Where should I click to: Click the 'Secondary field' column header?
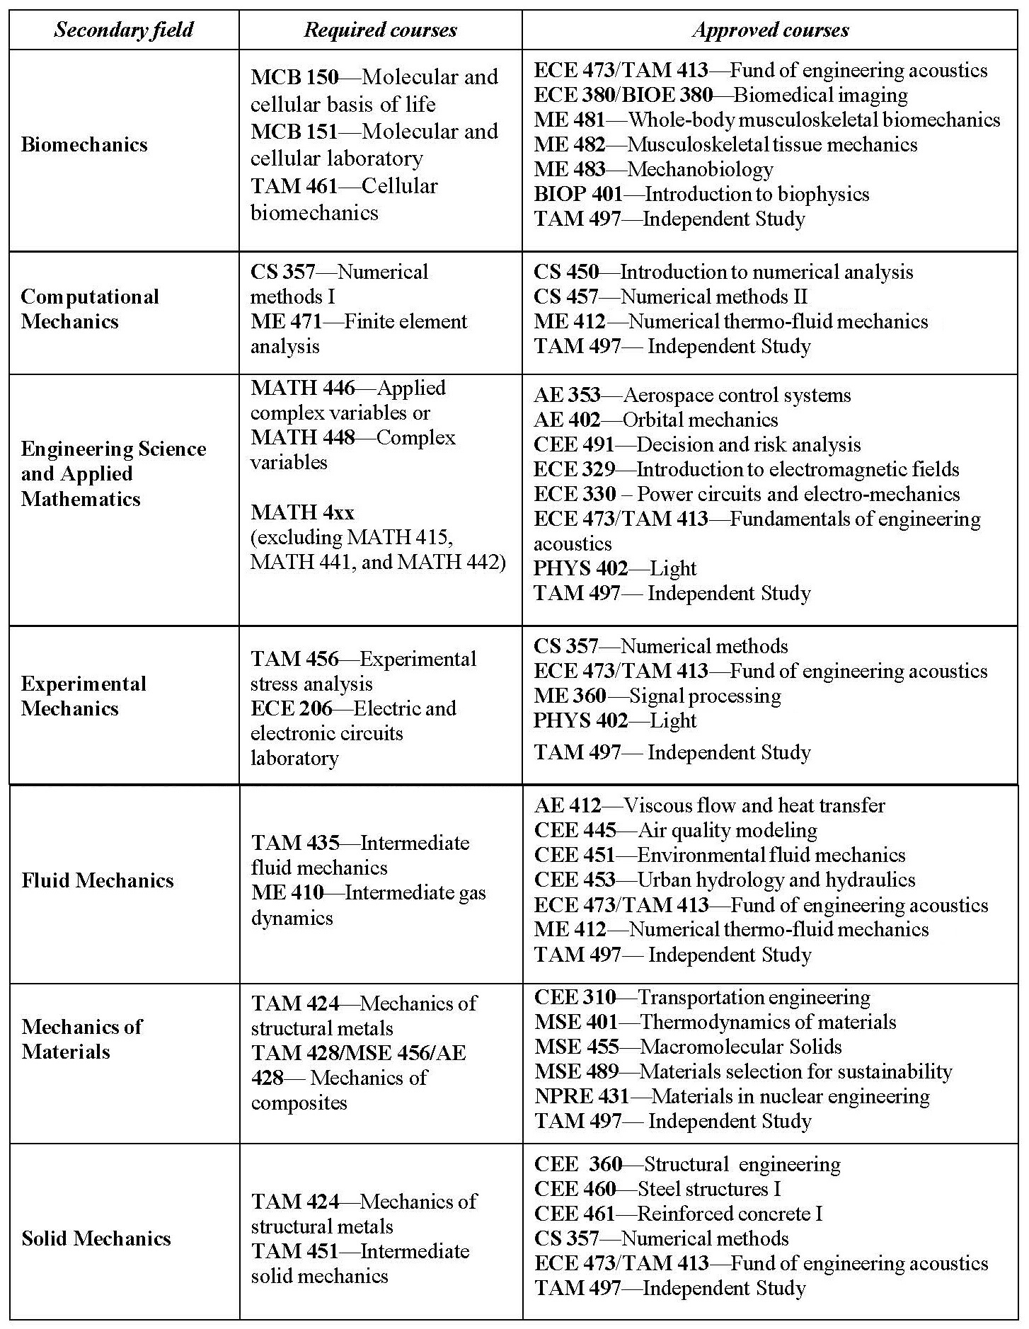[123, 30]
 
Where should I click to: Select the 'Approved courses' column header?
[770, 30]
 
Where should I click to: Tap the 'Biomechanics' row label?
[84, 145]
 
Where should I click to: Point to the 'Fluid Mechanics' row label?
[98, 880]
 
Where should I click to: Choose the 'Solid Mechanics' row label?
[96, 1238]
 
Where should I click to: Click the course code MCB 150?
[294, 77]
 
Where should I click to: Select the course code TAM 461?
[294, 186]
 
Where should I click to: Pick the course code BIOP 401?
[578, 194]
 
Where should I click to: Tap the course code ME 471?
[286, 321]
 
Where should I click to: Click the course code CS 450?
[566, 272]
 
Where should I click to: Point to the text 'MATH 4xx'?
[302, 512]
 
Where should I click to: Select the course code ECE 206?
[291, 708]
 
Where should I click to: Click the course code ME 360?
[570, 696]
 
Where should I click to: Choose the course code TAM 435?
[295, 843]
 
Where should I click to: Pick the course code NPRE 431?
[582, 1096]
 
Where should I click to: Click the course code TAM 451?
[295, 1250]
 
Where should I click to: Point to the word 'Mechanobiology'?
[700, 169]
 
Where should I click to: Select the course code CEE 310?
[575, 997]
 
